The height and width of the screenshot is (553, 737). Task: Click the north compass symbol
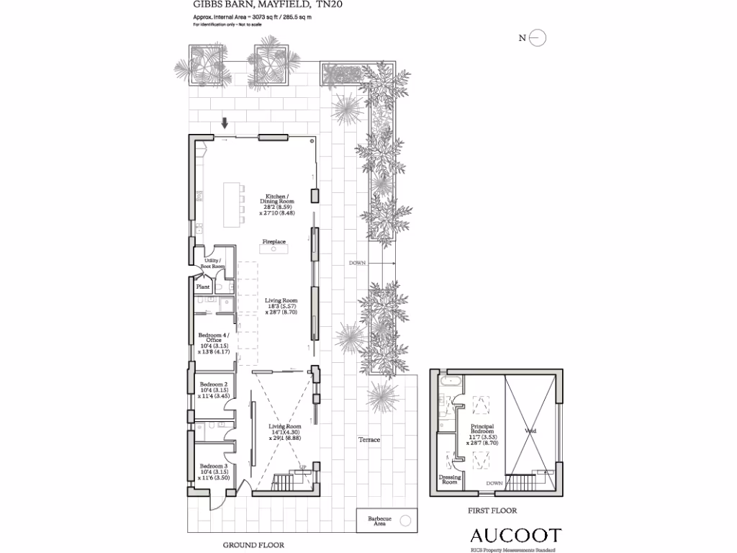pyautogui.click(x=538, y=39)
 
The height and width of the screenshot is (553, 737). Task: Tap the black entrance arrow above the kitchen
pyautogui.click(x=225, y=122)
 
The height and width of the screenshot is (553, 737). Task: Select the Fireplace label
pyautogui.click(x=273, y=242)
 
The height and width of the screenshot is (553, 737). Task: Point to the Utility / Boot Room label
pyautogui.click(x=213, y=264)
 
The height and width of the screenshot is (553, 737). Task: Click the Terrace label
pyautogui.click(x=369, y=439)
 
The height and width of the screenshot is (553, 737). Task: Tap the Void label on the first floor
pyautogui.click(x=531, y=431)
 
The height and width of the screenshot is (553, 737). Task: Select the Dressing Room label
pyautogui.click(x=449, y=480)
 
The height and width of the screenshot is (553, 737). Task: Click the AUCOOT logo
pyautogui.click(x=515, y=536)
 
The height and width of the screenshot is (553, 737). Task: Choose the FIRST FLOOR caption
pyautogui.click(x=492, y=511)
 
